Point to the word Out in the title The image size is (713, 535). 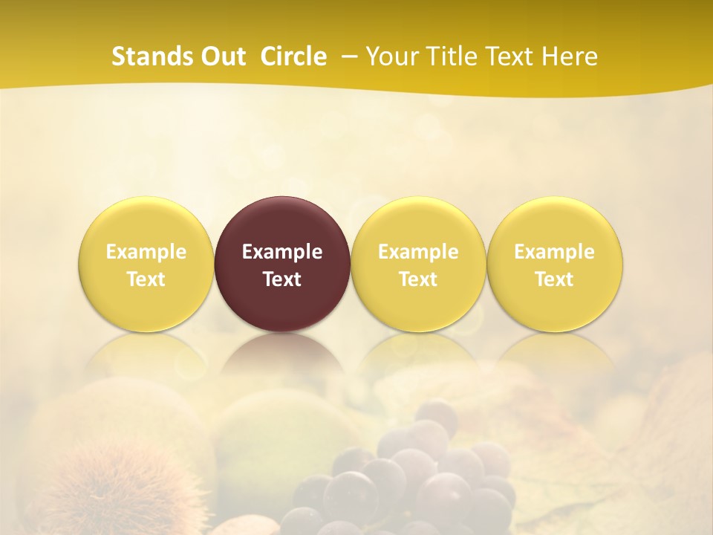pos(222,56)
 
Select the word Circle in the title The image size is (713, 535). pos(293,56)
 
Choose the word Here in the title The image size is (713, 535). pos(570,56)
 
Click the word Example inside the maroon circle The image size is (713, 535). pos(282,252)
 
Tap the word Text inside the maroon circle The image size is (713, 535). pos(282,279)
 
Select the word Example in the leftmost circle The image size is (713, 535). pos(146,252)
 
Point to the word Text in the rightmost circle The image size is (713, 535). pos(554,279)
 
